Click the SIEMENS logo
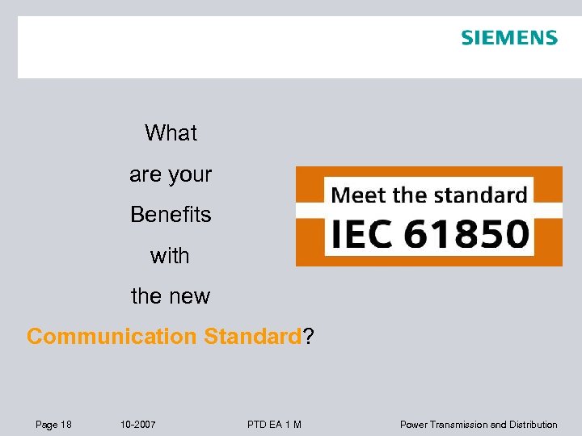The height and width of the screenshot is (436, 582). click(x=509, y=38)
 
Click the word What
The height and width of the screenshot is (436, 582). click(x=171, y=133)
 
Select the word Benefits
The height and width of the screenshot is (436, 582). click(x=171, y=216)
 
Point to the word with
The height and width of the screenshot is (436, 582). click(x=170, y=256)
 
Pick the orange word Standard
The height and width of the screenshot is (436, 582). click(x=252, y=337)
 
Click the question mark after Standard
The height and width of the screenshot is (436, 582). click(x=308, y=337)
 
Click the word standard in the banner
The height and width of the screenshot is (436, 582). click(x=480, y=195)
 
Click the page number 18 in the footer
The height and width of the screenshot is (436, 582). click(x=65, y=425)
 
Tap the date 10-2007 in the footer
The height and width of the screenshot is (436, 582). click(x=137, y=425)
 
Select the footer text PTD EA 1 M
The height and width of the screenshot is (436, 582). click(x=275, y=425)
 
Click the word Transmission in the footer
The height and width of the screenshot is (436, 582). click(x=458, y=425)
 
